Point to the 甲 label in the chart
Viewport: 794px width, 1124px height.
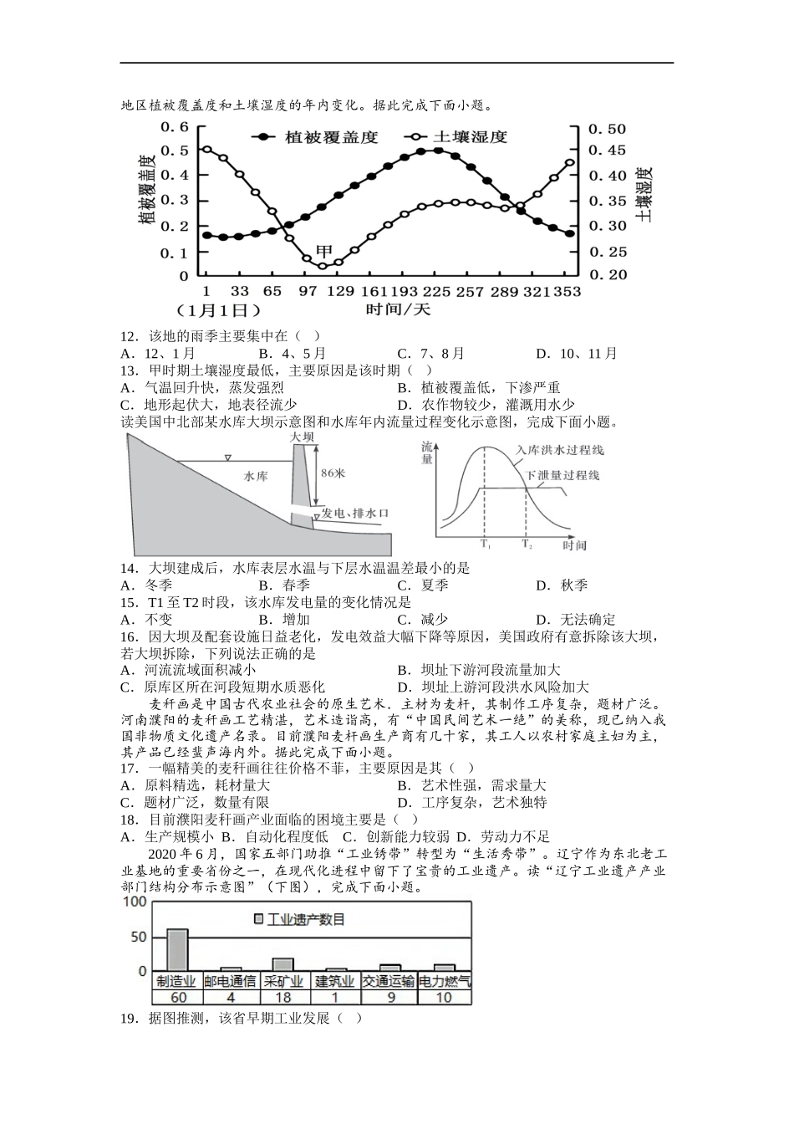pyautogui.click(x=323, y=251)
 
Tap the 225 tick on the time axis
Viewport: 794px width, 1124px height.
pyautogui.click(x=436, y=292)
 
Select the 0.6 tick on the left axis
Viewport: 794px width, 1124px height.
pyautogui.click(x=175, y=127)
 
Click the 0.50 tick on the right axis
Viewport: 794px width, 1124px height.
pyautogui.click(x=607, y=129)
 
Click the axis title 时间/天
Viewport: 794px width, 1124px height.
pyautogui.click(x=398, y=309)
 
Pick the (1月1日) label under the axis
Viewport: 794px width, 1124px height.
pyautogui.click(x=217, y=310)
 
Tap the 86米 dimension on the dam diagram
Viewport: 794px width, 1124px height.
pyautogui.click(x=333, y=473)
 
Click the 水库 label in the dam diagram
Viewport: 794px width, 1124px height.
pyautogui.click(x=256, y=476)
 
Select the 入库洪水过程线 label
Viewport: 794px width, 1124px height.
pyautogui.click(x=559, y=450)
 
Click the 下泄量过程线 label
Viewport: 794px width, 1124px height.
pyautogui.click(x=562, y=475)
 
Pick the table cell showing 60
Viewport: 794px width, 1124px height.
pyautogui.click(x=177, y=997)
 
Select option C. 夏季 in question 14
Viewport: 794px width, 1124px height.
pyautogui.click(x=423, y=585)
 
